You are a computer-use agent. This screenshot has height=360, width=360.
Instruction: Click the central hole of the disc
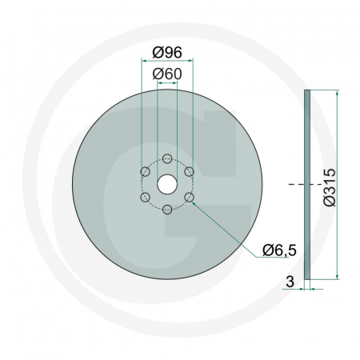tap(166, 184)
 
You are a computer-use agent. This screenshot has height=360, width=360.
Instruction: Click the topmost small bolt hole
tap(166, 158)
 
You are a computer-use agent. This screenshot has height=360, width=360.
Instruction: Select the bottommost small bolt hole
tap(166, 210)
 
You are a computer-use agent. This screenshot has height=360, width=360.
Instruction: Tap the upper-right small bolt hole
tap(189, 171)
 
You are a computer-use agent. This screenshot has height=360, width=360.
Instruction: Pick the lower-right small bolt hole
tap(189, 197)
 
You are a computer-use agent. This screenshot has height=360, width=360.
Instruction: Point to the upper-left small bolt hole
tap(144, 171)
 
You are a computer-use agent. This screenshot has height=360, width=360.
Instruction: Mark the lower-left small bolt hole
tap(144, 197)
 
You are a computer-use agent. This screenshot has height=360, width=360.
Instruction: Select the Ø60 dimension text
tap(166, 74)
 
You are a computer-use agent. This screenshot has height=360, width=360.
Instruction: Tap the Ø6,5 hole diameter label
tap(280, 250)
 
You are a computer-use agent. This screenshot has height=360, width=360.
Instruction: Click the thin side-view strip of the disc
tap(309, 184)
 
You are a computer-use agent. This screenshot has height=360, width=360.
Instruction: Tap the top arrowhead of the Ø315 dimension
tap(338, 93)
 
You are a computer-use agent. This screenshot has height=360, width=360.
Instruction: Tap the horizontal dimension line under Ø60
tap(166, 83)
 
